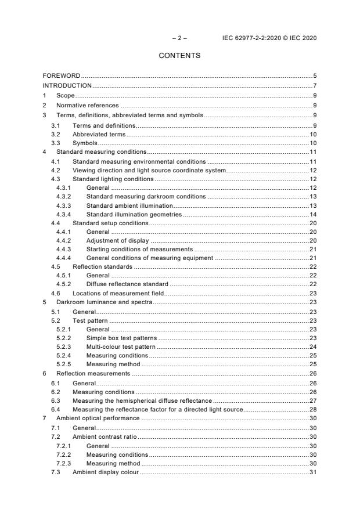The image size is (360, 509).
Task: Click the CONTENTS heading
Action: click(179, 56)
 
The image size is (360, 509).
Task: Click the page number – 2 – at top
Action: click(179, 38)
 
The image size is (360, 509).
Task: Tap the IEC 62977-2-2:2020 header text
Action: click(269, 38)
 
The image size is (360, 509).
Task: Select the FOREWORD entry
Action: click(62, 75)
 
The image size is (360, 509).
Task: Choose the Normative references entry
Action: click(87, 105)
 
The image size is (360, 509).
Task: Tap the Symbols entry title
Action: click(85, 143)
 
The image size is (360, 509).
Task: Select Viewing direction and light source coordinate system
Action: click(149, 170)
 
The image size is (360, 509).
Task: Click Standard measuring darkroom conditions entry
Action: click(146, 197)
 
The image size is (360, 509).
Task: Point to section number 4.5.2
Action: click(63, 284)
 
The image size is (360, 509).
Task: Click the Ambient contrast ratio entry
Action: click(105, 436)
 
